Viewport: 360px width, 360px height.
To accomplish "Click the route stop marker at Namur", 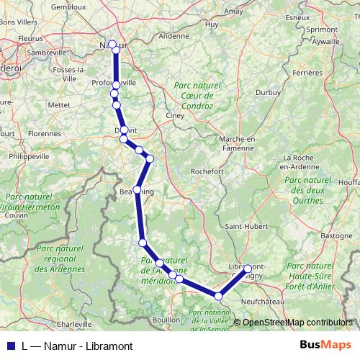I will point(112,44).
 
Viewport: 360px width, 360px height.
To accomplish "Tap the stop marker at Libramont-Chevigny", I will point(248,269).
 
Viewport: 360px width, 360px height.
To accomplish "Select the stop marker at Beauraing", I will point(137,189).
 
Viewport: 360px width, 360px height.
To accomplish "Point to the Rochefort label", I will point(208,171).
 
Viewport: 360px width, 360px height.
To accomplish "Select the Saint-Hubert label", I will point(246,227).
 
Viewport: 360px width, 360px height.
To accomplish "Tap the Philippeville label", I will point(26,156).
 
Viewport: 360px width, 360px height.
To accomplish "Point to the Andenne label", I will point(173,35).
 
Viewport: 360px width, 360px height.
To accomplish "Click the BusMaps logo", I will point(325,344).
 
